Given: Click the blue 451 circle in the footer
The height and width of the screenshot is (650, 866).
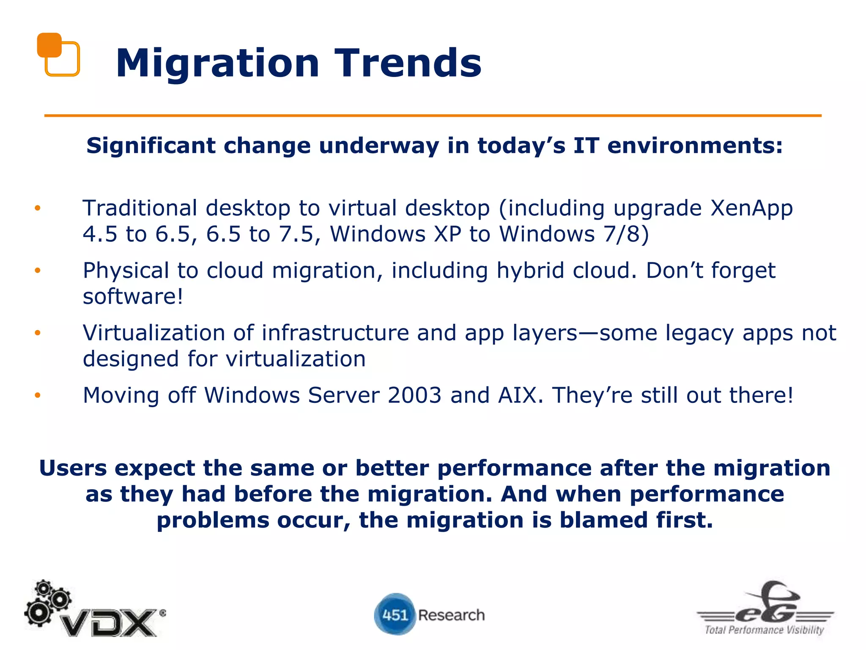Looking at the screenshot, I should coord(394,614).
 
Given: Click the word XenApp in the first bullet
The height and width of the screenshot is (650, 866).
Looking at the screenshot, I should coord(751,208).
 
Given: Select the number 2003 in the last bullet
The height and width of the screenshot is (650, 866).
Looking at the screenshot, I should coord(414,395).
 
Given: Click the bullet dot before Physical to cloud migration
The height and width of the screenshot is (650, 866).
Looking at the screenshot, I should coord(38,270).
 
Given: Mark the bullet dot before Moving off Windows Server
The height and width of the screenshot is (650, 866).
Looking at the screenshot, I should coord(38,395).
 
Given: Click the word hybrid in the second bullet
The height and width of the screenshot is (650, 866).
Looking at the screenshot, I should coord(530,271).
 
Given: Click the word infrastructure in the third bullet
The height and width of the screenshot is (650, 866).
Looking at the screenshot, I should coord(335,333).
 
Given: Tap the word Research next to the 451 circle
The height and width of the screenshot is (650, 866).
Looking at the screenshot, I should coord(451,615).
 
